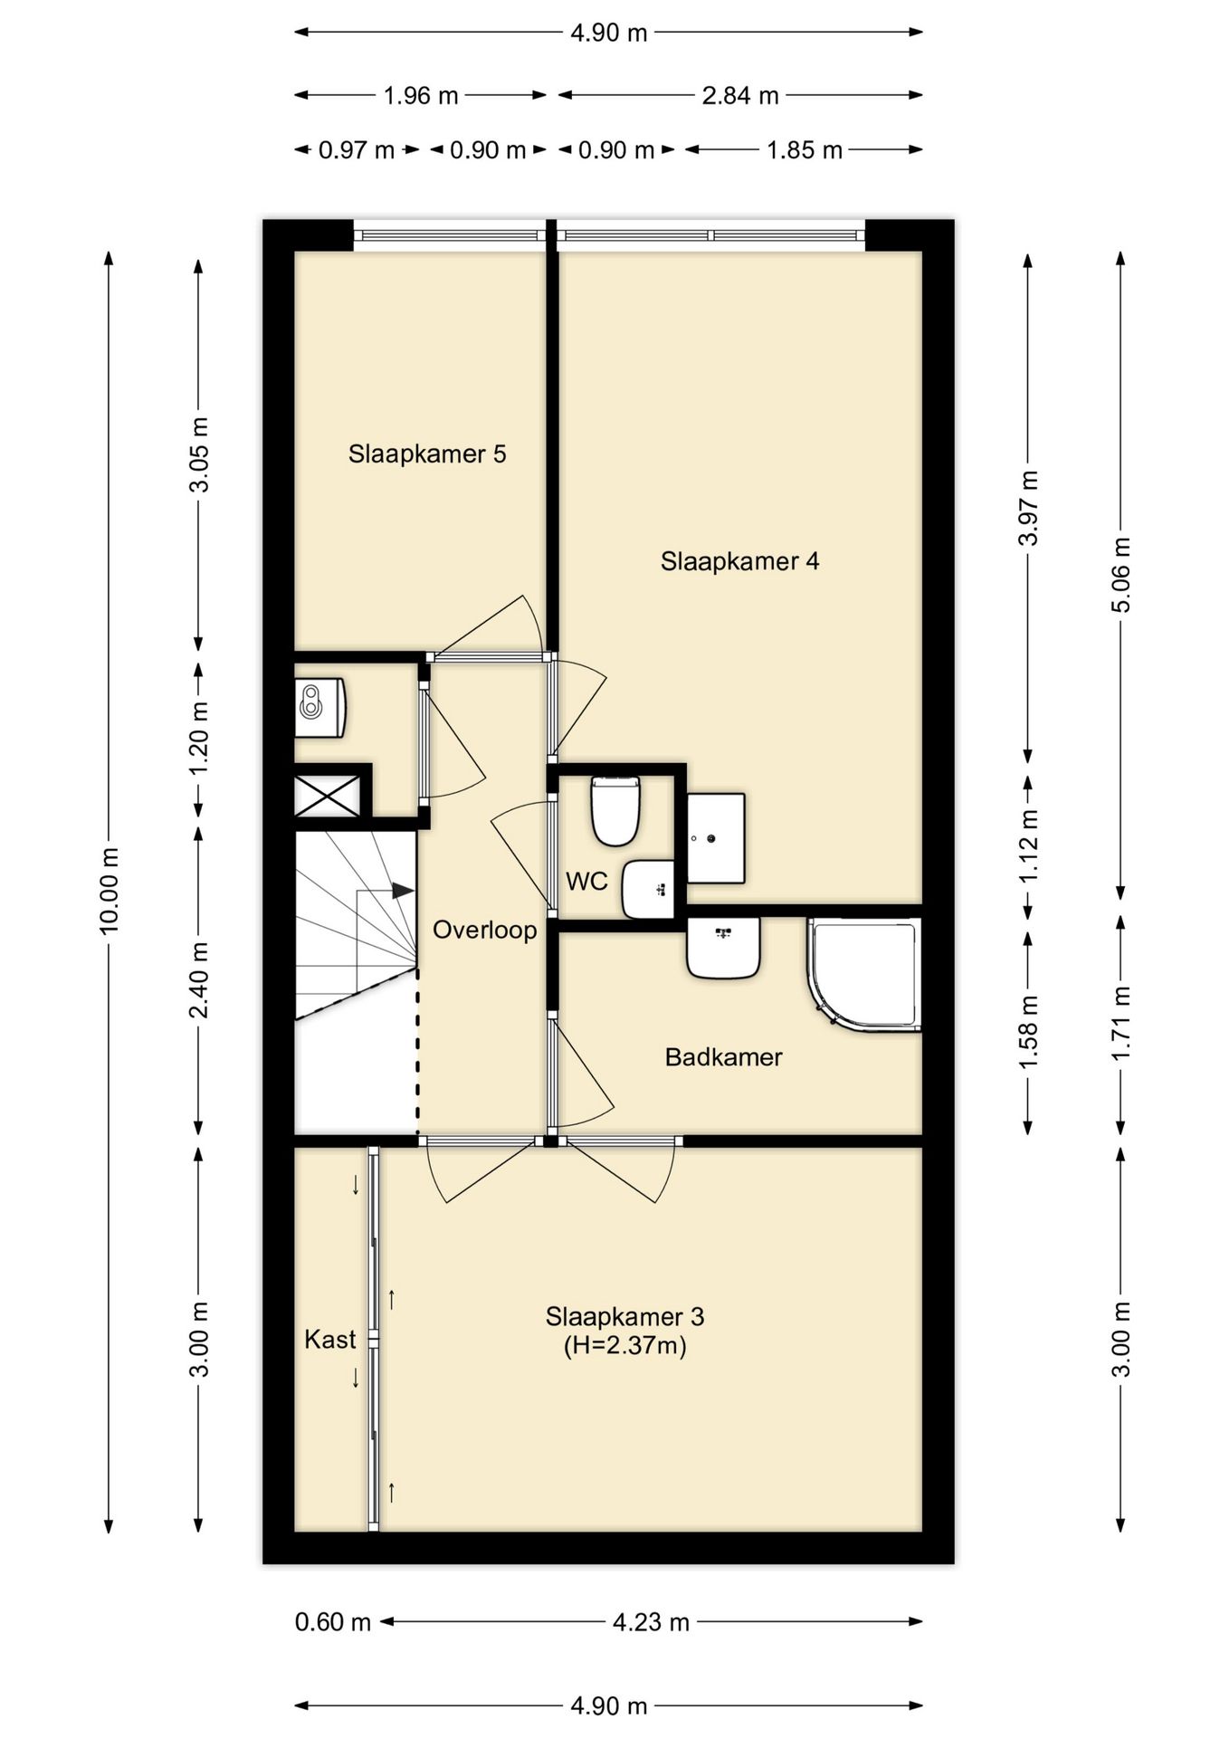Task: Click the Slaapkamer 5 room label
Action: [427, 454]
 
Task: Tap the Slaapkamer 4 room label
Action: [739, 561]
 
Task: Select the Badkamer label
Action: [723, 1057]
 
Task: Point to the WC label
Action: [586, 881]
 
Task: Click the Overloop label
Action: [484, 930]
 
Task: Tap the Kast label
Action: [330, 1340]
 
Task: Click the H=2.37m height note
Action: [625, 1346]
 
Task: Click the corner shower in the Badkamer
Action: [864, 974]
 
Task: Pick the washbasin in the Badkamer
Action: [723, 948]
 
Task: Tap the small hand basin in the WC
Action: [648, 889]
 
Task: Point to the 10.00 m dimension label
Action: [109, 891]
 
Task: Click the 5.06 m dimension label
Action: [1120, 575]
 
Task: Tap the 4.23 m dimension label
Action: [651, 1622]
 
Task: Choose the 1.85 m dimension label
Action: [805, 150]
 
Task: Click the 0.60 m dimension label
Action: [333, 1622]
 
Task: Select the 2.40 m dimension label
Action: [199, 980]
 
